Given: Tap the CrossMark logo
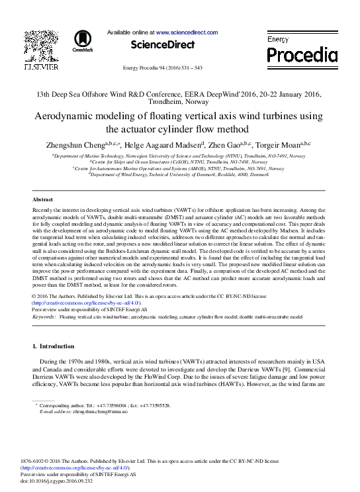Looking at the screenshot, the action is pos(83,41).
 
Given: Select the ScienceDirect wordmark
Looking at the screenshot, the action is pos(163,44).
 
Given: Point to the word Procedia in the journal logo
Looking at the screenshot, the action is pos(302,55).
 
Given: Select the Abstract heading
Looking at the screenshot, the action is pos(42,199).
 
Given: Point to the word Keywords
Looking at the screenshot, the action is pos(44,317).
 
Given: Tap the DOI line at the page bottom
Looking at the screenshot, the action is pos(57,481).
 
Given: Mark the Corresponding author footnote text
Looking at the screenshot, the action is pos(105,405).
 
